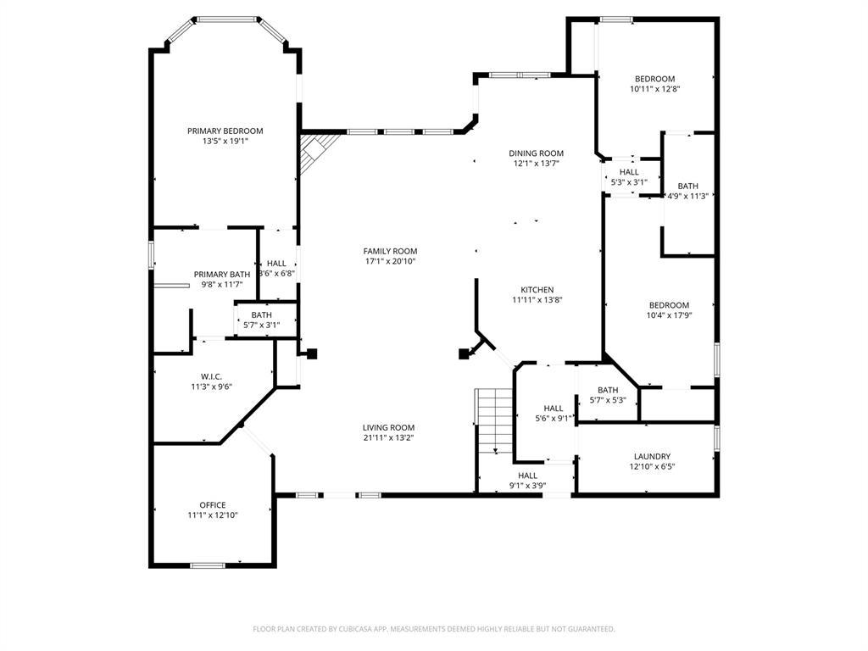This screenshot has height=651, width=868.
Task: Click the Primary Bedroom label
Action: (225, 131)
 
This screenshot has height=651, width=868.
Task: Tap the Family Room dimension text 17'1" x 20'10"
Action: (390, 262)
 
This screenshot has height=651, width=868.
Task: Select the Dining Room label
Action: (536, 153)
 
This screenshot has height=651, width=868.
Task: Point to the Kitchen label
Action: (537, 289)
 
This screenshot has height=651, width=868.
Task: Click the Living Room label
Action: (388, 427)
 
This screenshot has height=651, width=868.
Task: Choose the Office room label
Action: (212, 504)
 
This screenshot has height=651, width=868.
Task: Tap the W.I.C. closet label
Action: (211, 376)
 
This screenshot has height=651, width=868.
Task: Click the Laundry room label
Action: (652, 456)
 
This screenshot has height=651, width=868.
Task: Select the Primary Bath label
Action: (222, 274)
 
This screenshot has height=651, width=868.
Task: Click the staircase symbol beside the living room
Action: (495, 420)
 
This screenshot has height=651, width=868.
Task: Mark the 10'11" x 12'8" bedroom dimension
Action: (655, 89)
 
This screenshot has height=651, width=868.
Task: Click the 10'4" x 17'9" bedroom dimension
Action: (669, 315)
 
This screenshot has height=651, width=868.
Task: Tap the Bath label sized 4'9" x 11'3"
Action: (687, 186)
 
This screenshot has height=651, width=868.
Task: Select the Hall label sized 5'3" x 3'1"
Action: (629, 172)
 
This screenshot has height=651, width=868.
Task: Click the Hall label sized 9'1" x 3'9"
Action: (527, 476)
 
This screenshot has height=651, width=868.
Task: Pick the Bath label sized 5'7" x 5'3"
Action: (608, 390)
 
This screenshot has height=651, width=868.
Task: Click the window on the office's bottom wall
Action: (208, 565)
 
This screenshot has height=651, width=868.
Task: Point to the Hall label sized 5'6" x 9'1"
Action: (554, 408)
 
